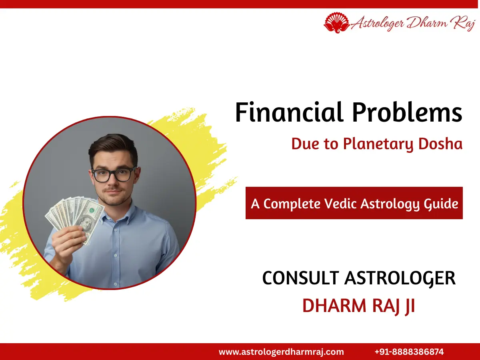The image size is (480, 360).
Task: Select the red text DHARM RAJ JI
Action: tap(358, 306)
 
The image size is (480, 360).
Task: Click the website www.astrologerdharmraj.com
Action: tap(281, 352)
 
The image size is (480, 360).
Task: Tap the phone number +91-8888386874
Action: tap(409, 352)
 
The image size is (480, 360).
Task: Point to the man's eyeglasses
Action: tap(114, 174)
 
